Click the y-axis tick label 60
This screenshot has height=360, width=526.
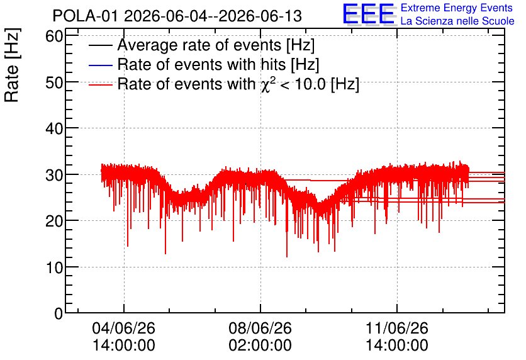54,36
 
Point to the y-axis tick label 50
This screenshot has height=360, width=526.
54,82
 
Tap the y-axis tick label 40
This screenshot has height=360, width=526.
54,128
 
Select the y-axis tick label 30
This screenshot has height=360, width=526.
54,175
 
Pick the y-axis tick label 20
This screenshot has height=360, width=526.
54,221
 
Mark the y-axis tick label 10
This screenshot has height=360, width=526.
54,267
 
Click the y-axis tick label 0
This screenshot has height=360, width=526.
59,313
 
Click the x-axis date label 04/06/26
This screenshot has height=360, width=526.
124,328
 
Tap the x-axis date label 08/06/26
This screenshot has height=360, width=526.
260,328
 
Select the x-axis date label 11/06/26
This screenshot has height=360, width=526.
397,328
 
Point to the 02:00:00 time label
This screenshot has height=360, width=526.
260,346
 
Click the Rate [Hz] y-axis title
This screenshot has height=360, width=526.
12,65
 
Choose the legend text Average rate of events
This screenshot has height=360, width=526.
200,45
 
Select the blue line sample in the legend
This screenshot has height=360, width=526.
100,65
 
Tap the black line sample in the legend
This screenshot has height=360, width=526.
100,45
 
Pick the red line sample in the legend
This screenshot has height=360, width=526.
100,84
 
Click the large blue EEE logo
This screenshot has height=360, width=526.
369,14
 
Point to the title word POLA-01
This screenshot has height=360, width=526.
86,16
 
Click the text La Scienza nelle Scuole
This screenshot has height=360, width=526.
457,21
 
